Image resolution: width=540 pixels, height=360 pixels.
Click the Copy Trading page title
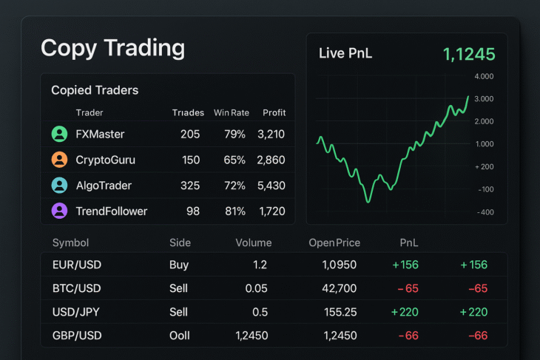pyautogui.click(x=112, y=48)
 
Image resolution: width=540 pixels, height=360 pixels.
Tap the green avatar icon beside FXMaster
pyautogui.click(x=59, y=134)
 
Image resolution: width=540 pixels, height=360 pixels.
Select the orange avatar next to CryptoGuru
pyautogui.click(x=59, y=160)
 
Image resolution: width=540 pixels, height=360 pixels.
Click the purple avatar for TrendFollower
pyautogui.click(x=59, y=211)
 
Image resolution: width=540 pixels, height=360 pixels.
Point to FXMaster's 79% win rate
pyautogui.click(x=234, y=134)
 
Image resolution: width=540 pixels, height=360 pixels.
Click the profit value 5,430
pyautogui.click(x=271, y=186)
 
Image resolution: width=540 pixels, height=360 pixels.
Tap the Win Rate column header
pyautogui.click(x=232, y=113)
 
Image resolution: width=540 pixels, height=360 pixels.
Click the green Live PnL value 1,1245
pyautogui.click(x=469, y=54)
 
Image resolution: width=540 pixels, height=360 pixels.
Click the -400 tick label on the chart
pyautogui.click(x=485, y=213)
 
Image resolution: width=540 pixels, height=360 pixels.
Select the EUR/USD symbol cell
pyautogui.click(x=77, y=265)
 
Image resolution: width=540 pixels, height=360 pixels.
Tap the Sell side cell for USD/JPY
pyautogui.click(x=178, y=312)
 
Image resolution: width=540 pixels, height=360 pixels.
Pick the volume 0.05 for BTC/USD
pyautogui.click(x=254, y=288)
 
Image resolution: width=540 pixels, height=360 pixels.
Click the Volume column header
pyautogui.click(x=253, y=242)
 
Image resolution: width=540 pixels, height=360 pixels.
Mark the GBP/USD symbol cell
pyautogui.click(x=77, y=336)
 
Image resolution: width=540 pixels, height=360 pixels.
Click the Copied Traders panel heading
pyautogui.click(x=95, y=90)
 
